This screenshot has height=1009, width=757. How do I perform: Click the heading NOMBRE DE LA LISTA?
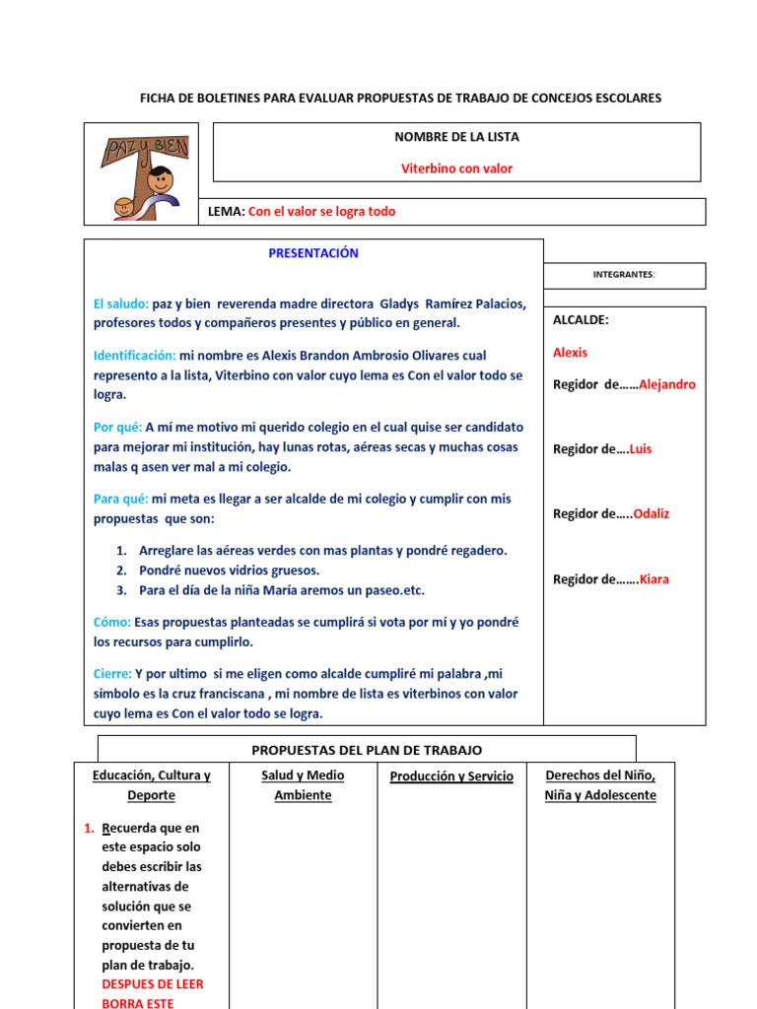pyautogui.click(x=456, y=137)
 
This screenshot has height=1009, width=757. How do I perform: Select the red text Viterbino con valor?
pyautogui.click(x=456, y=168)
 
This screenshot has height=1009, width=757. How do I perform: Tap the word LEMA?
pyautogui.click(x=225, y=212)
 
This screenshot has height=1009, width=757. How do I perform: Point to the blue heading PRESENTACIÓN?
pyautogui.click(x=313, y=253)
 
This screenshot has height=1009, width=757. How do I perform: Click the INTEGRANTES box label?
pyautogui.click(x=624, y=275)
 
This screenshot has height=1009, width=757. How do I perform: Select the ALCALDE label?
pyautogui.click(x=581, y=320)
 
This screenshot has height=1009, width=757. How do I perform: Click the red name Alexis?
pyautogui.click(x=570, y=352)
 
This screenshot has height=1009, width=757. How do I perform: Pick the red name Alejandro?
pyautogui.click(x=666, y=384)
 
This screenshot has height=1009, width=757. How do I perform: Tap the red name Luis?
pyautogui.click(x=641, y=449)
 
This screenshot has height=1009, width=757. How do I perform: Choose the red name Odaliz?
pyautogui.click(x=651, y=513)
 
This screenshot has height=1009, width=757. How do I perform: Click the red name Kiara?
pyautogui.click(x=654, y=579)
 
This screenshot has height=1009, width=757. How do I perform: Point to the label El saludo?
pyautogui.click(x=121, y=303)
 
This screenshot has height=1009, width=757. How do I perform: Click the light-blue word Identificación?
pyautogui.click(x=135, y=355)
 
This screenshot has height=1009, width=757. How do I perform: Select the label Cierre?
pyautogui.click(x=112, y=674)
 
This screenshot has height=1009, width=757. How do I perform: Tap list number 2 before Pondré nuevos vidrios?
pyautogui.click(x=121, y=571)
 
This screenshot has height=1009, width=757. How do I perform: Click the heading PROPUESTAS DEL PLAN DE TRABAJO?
pyautogui.click(x=367, y=750)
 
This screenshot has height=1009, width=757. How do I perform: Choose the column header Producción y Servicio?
pyautogui.click(x=451, y=776)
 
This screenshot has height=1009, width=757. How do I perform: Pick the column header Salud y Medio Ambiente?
pyautogui.click(x=303, y=785)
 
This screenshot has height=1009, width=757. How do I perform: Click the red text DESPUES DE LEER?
pyautogui.click(x=153, y=984)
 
